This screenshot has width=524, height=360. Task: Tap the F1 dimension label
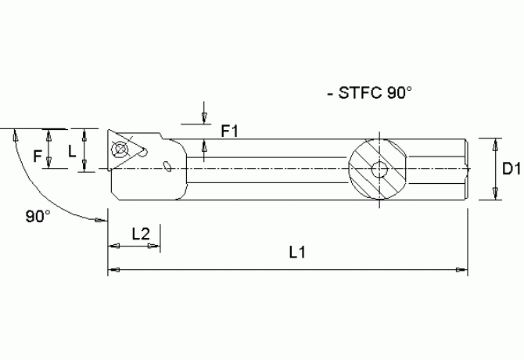pyautogui.click(x=229, y=131)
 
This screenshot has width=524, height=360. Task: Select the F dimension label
pyautogui.click(x=37, y=157)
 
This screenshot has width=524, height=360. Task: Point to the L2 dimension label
pyautogui.click(x=141, y=232)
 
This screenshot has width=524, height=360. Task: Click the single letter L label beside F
pyautogui.click(x=72, y=151)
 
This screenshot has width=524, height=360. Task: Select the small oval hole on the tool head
pyautogui.click(x=168, y=164)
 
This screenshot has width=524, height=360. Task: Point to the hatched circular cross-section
pyautogui.click(x=379, y=169)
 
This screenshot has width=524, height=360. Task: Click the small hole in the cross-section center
pyautogui.click(x=379, y=169)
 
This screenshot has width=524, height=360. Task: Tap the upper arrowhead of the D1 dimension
pyautogui.click(x=494, y=144)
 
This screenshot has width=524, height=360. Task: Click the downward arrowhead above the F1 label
pyautogui.click(x=204, y=117)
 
